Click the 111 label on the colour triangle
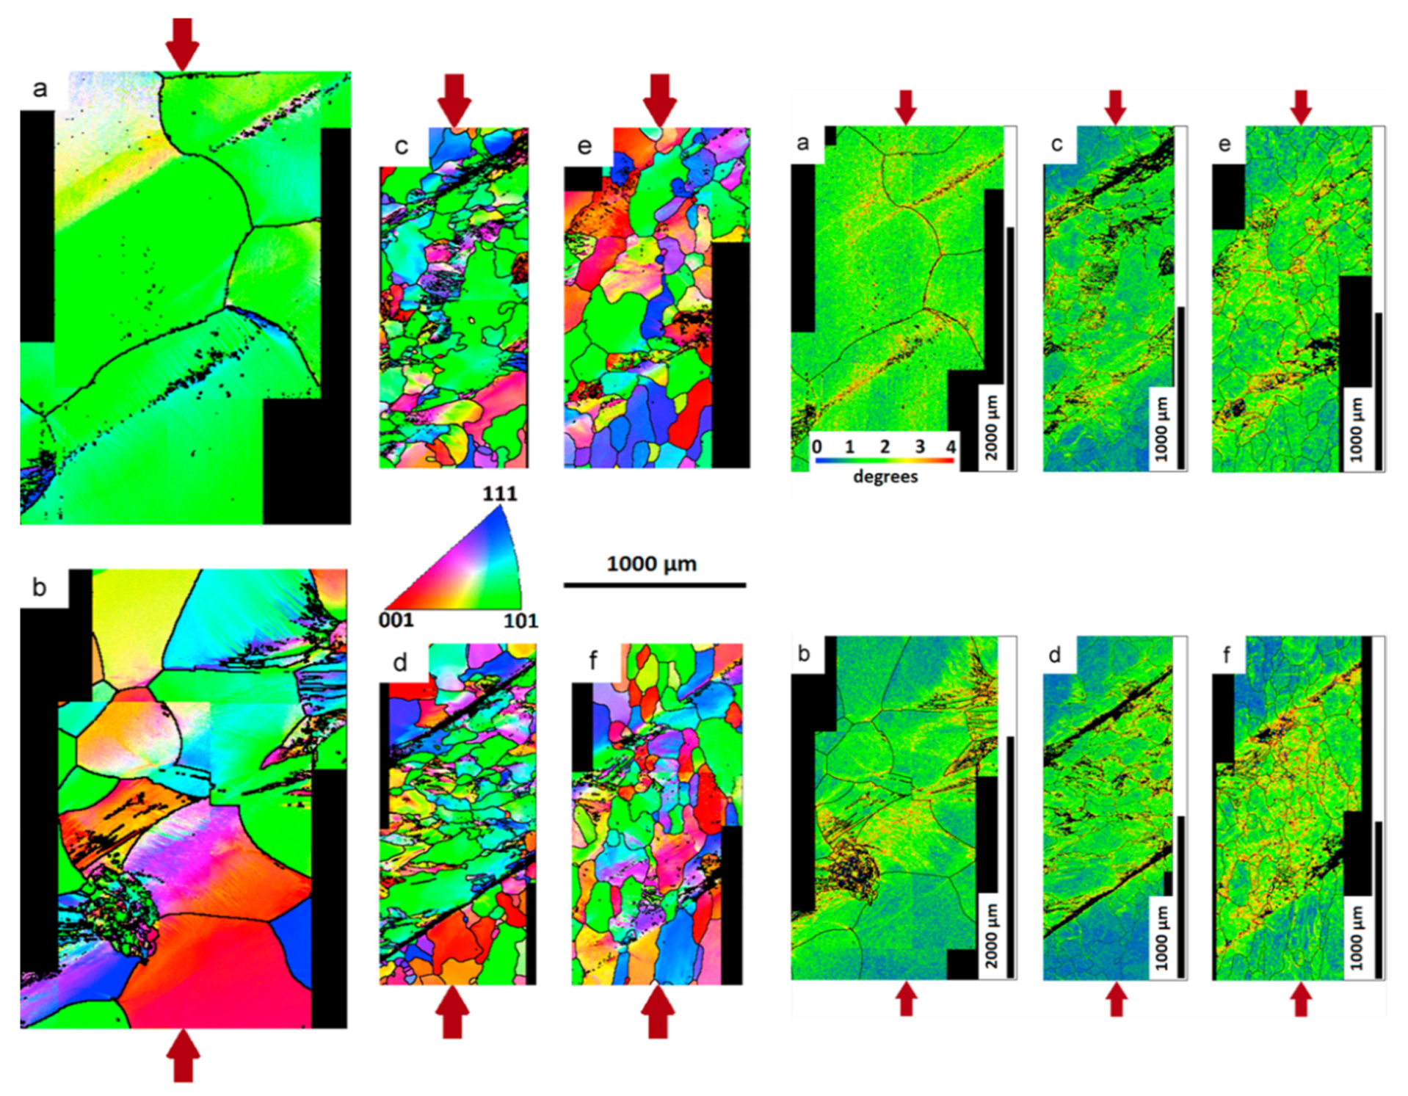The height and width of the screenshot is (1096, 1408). point(499,493)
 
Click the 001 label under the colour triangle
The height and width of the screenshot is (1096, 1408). point(396,620)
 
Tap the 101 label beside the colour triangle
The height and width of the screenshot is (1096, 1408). point(520,621)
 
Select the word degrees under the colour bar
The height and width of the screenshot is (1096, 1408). point(885,476)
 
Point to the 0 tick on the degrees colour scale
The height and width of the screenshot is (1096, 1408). point(816,446)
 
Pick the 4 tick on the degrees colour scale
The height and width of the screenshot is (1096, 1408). point(951,446)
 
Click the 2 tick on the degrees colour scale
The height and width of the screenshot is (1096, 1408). point(885,446)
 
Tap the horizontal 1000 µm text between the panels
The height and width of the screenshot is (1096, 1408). point(652,564)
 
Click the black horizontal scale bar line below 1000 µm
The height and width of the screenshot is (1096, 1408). point(655,585)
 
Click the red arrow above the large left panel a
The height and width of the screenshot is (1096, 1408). point(182,44)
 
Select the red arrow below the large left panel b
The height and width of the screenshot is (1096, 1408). point(183,1056)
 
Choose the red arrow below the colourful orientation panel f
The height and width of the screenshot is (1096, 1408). point(658,1012)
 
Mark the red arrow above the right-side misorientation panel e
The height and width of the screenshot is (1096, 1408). point(1301,107)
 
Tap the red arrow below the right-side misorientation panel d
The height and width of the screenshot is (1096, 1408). point(1117,999)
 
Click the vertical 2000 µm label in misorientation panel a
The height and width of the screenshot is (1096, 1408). point(991,427)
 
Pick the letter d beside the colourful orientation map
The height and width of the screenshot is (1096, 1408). point(400,663)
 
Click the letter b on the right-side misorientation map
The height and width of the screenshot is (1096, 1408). point(804,653)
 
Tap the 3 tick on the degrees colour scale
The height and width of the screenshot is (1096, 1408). point(919,446)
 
